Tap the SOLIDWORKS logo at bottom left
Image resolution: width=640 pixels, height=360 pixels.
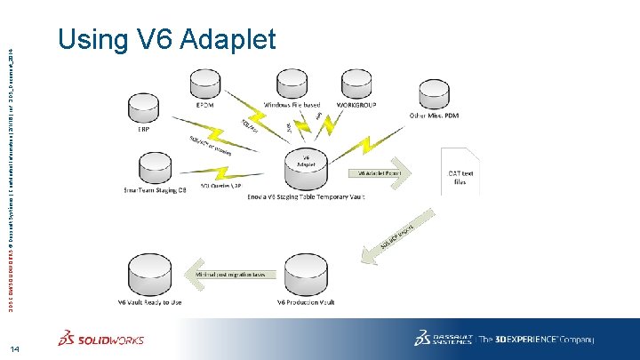(x=100, y=340)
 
